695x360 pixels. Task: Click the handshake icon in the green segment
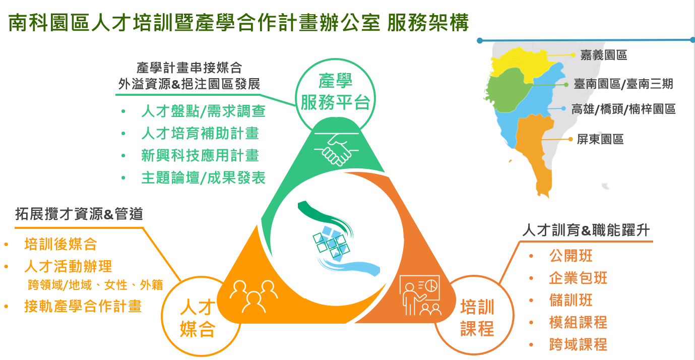tap(336, 149)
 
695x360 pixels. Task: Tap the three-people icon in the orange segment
tap(254, 296)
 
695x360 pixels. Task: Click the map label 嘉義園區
tap(603, 55)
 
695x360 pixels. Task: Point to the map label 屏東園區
tap(600, 139)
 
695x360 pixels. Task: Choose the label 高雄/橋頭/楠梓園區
tap(623, 109)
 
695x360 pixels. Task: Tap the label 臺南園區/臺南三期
tap(623, 84)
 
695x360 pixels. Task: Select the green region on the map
tap(508, 90)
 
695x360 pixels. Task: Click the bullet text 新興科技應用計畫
tap(200, 155)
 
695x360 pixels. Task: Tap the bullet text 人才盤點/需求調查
tap(203, 111)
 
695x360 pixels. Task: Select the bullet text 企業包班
tap(578, 278)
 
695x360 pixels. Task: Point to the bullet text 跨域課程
tap(578, 344)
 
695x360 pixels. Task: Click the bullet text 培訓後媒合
tap(61, 244)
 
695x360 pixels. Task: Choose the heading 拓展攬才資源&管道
tap(79, 214)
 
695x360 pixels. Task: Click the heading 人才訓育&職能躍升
tap(586, 230)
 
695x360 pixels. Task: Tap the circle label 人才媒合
tap(198, 318)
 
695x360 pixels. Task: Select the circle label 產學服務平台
tap(335, 92)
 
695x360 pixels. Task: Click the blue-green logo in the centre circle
tap(337, 239)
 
